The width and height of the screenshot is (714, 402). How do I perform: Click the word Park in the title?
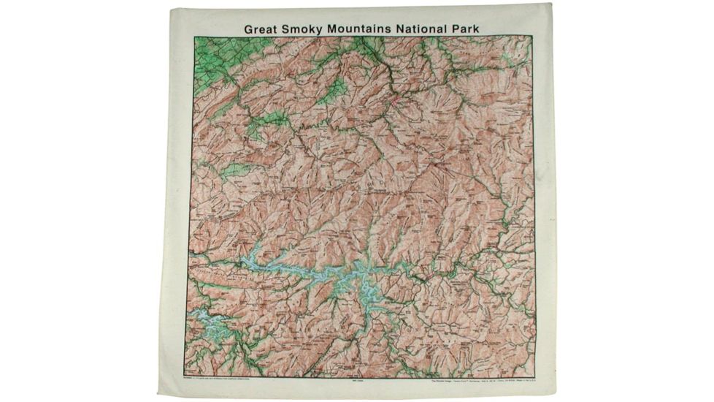pyautogui.click(x=476, y=27)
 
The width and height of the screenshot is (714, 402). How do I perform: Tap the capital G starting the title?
pyautogui.click(x=248, y=27)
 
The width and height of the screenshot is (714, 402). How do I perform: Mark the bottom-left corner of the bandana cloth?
pyautogui.click(x=158, y=395)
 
